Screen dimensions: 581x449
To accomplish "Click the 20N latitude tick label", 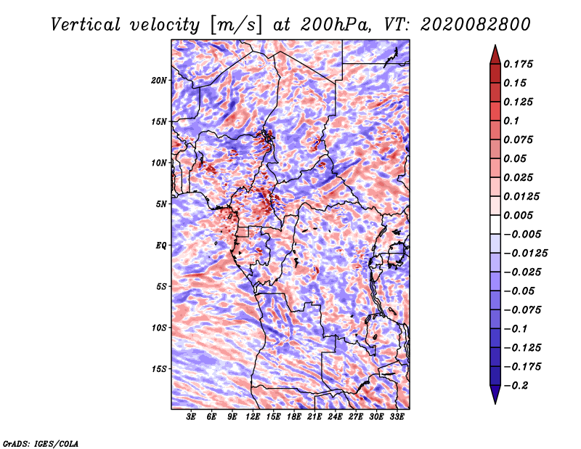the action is [x=159, y=81].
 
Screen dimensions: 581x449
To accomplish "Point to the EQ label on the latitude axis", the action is [x=161, y=246].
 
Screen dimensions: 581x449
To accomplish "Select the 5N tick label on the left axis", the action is [x=161, y=204].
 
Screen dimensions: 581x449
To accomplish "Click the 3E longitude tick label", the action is [x=191, y=417].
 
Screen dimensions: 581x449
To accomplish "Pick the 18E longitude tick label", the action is [x=294, y=417].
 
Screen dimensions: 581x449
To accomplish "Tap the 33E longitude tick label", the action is [x=397, y=417].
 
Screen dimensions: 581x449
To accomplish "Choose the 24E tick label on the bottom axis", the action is [x=335, y=417].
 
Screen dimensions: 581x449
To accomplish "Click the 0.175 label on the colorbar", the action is [x=518, y=64].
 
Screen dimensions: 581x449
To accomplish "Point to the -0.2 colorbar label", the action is [x=516, y=386].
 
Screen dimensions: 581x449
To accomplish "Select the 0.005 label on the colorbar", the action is [x=518, y=215].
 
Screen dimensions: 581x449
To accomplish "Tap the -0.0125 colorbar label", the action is [x=525, y=254].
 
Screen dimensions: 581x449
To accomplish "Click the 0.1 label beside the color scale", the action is [x=511, y=121].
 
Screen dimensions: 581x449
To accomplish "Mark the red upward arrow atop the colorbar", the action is [x=495, y=55].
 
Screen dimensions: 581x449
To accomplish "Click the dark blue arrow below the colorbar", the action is [x=495, y=395].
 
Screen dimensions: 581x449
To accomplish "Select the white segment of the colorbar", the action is [x=495, y=224].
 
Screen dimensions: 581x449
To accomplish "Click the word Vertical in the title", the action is [x=86, y=25].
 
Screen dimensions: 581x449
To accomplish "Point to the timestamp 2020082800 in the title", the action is [x=476, y=25].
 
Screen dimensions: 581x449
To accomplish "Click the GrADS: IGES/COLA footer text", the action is [x=41, y=443].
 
